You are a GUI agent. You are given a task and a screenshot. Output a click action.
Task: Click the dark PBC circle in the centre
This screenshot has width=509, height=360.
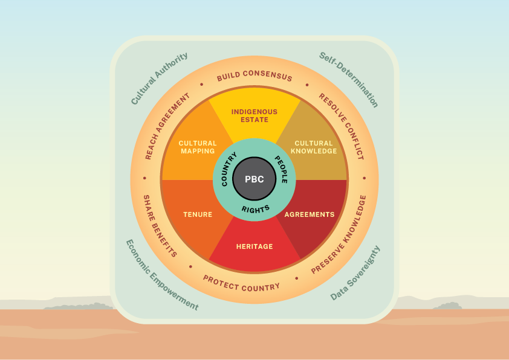tap(254, 179)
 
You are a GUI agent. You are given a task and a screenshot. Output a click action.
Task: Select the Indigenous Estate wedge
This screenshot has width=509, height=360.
tap(254, 115)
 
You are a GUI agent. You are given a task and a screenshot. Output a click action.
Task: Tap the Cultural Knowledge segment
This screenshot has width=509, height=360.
tap(314, 147)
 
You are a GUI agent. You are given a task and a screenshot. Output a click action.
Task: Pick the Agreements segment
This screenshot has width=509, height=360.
tap(310, 214)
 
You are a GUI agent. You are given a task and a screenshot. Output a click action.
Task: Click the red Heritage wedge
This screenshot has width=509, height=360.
tap(254, 246)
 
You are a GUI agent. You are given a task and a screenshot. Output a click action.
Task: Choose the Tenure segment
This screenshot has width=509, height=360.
tap(198, 214)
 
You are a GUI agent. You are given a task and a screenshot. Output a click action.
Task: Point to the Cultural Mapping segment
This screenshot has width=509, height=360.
tap(198, 147)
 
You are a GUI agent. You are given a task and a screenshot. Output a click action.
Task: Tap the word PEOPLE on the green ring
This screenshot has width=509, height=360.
tap(281, 170)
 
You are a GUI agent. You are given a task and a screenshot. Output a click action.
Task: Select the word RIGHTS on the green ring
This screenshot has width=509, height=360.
tap(254, 209)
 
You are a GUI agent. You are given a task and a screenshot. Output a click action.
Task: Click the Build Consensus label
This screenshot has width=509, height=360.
tap(254, 77)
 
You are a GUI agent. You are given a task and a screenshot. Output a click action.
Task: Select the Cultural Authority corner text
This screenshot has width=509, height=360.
tap(160, 78)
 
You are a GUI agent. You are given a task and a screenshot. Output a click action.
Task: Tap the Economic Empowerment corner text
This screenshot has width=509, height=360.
tap(161, 275)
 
